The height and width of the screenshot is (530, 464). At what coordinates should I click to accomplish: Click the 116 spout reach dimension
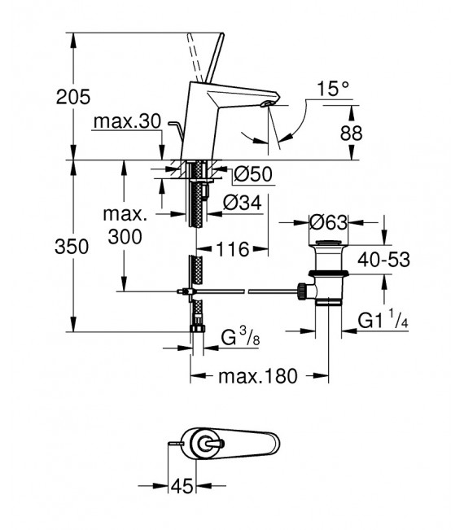231,250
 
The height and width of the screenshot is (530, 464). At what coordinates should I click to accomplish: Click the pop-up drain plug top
328,245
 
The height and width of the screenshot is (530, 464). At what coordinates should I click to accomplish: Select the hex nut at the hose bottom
195,329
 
